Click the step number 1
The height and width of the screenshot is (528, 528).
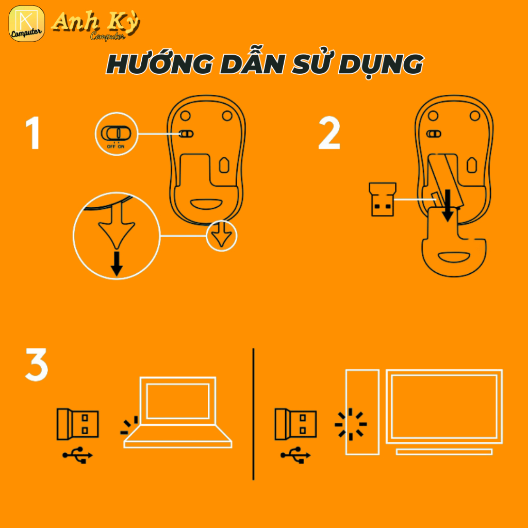34,133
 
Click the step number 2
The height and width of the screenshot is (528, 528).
329,133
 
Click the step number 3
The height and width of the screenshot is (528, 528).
37,365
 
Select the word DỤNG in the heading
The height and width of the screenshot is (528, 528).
381,65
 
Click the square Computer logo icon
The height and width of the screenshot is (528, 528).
27,24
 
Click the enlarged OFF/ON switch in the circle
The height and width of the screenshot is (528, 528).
116,133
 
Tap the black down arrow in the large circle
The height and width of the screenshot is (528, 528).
117,263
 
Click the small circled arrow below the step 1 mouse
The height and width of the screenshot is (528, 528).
221,235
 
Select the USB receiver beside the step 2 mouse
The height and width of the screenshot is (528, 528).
382,200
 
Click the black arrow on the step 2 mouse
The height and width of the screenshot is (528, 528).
447,205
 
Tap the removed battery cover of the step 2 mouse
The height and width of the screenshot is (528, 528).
454,241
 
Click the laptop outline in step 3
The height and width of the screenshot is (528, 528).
178,412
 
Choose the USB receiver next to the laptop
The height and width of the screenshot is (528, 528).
77,424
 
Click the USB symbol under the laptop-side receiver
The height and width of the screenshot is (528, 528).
77,455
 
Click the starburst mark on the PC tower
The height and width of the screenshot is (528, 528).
351,424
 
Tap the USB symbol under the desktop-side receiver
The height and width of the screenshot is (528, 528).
295,455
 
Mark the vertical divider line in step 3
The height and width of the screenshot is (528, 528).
253,414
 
